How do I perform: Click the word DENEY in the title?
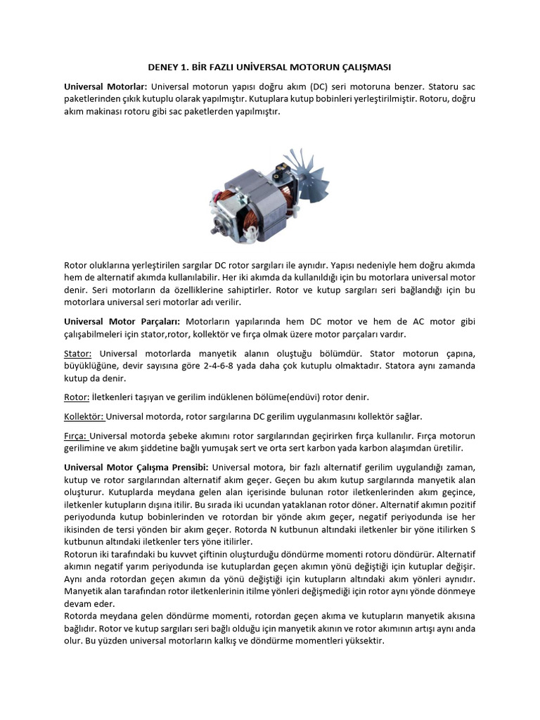click(x=163, y=67)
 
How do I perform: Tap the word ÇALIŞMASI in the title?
click(x=361, y=67)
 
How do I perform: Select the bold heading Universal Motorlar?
click(x=105, y=86)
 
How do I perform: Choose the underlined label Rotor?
click(x=76, y=397)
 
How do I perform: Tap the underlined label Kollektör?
click(x=84, y=416)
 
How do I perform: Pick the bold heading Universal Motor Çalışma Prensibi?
click(x=136, y=467)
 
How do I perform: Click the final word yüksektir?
click(x=362, y=641)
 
